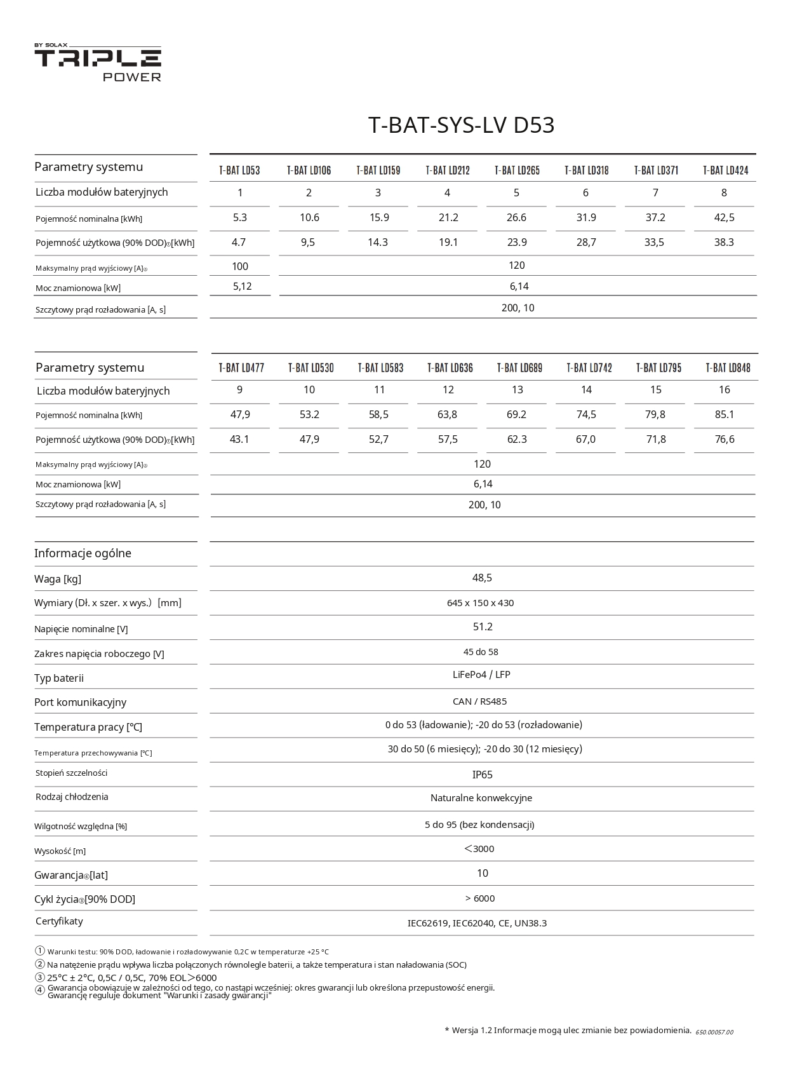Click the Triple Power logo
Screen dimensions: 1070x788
click(x=98, y=63)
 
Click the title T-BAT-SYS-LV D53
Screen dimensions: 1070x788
click(x=461, y=125)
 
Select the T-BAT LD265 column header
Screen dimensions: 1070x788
click(x=517, y=170)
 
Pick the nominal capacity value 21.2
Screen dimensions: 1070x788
click(x=448, y=217)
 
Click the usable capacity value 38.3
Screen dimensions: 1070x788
click(x=724, y=242)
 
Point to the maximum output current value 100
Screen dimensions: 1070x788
click(x=240, y=266)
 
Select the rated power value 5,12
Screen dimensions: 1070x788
click(x=242, y=287)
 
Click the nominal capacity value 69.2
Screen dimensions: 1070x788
click(x=517, y=414)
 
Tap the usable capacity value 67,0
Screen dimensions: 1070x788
click(x=585, y=439)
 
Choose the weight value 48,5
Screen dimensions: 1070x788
click(x=482, y=578)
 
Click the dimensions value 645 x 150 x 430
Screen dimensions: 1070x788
click(x=480, y=603)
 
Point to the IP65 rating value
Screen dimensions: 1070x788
click(x=482, y=775)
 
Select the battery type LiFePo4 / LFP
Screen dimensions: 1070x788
click(x=481, y=675)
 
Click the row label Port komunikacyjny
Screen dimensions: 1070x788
click(x=80, y=702)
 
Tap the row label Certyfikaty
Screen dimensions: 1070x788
click(x=59, y=921)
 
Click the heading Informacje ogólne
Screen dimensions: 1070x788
click(x=83, y=553)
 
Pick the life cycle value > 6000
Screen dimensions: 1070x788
click(x=479, y=898)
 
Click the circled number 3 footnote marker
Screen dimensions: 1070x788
click(x=40, y=977)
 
